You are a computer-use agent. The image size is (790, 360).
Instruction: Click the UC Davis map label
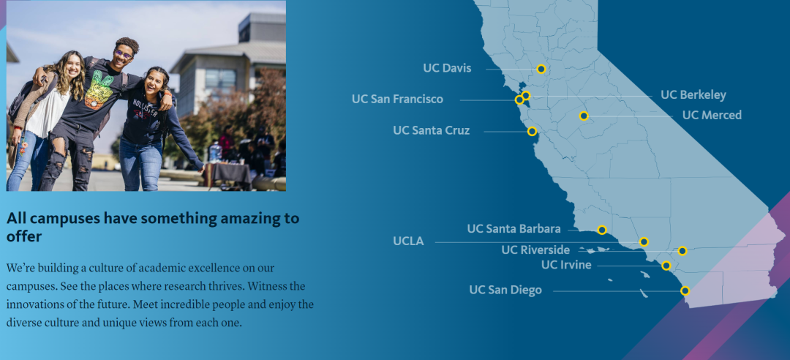click(x=448, y=68)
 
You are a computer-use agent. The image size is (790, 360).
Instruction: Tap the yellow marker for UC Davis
click(x=541, y=69)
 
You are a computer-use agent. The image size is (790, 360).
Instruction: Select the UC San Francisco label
click(x=397, y=100)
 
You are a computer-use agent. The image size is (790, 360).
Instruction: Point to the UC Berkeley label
click(x=693, y=95)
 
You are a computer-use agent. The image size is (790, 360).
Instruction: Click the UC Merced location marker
click(x=584, y=116)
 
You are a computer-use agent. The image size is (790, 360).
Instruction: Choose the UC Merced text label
click(x=712, y=115)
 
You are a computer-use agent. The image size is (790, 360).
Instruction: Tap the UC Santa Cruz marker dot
click(x=532, y=132)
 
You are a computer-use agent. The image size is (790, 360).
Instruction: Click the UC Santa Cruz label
click(x=432, y=130)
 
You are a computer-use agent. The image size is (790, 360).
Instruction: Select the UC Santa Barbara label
click(x=514, y=229)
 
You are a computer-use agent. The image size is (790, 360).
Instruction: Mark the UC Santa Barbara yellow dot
click(x=601, y=230)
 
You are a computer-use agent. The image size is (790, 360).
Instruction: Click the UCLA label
click(x=409, y=241)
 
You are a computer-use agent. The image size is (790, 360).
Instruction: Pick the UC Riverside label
click(x=535, y=250)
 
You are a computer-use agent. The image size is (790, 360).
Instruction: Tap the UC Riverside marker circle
click(x=682, y=250)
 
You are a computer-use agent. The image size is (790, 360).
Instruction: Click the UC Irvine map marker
click(x=666, y=266)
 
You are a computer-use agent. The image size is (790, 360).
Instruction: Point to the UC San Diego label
click(x=506, y=290)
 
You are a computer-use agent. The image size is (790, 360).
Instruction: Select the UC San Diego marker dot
click(x=685, y=290)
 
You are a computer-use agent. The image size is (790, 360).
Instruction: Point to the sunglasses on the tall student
click(x=123, y=53)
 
